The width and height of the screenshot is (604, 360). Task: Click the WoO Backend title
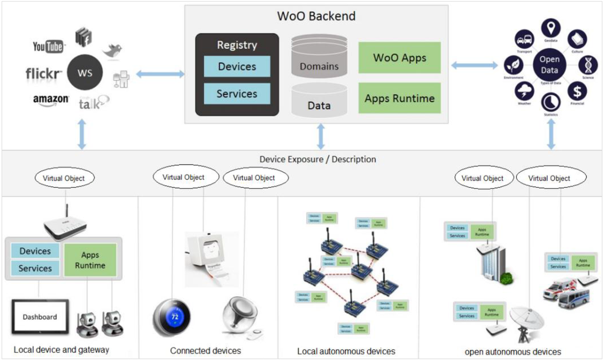pos(316,16)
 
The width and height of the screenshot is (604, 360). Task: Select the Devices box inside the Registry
pos(237,67)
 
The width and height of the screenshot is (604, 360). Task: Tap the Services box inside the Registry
pos(237,94)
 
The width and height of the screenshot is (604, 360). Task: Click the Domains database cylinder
pos(319,59)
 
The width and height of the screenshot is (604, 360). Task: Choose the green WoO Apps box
pos(399,58)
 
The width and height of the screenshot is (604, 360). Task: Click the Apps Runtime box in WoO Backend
pos(399,98)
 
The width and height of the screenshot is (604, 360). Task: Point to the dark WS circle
pos(84,74)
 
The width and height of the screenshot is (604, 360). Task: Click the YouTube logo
pos(48,46)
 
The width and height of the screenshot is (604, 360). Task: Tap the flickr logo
pos(44,74)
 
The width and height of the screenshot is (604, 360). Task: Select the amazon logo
pos(51,100)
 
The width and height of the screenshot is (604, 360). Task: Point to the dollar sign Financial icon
pos(578,91)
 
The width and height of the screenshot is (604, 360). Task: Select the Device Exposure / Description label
pos(317,159)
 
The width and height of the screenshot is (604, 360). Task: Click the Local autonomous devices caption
pos(346,351)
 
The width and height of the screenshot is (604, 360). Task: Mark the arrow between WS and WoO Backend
pos(160,74)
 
